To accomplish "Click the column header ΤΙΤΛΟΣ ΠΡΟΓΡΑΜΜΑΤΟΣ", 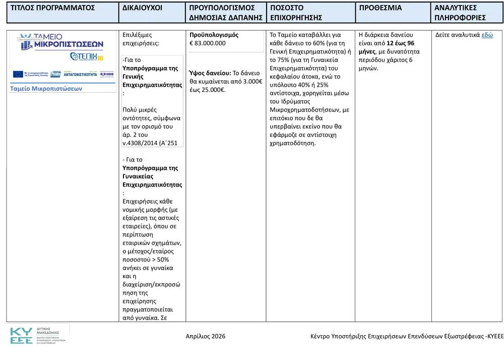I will coord(53,8).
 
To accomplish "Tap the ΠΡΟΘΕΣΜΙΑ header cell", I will coord(380,8).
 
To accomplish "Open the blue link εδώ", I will coord(487,35).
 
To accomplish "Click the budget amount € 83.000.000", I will coord(208,43).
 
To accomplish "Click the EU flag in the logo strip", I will coord(18,74).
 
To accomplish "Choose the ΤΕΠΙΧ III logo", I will coord(87,56).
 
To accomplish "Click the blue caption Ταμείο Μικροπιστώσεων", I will coord(46,89).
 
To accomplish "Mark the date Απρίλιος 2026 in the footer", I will coord(206,336).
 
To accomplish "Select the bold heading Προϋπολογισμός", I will coord(214,35).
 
